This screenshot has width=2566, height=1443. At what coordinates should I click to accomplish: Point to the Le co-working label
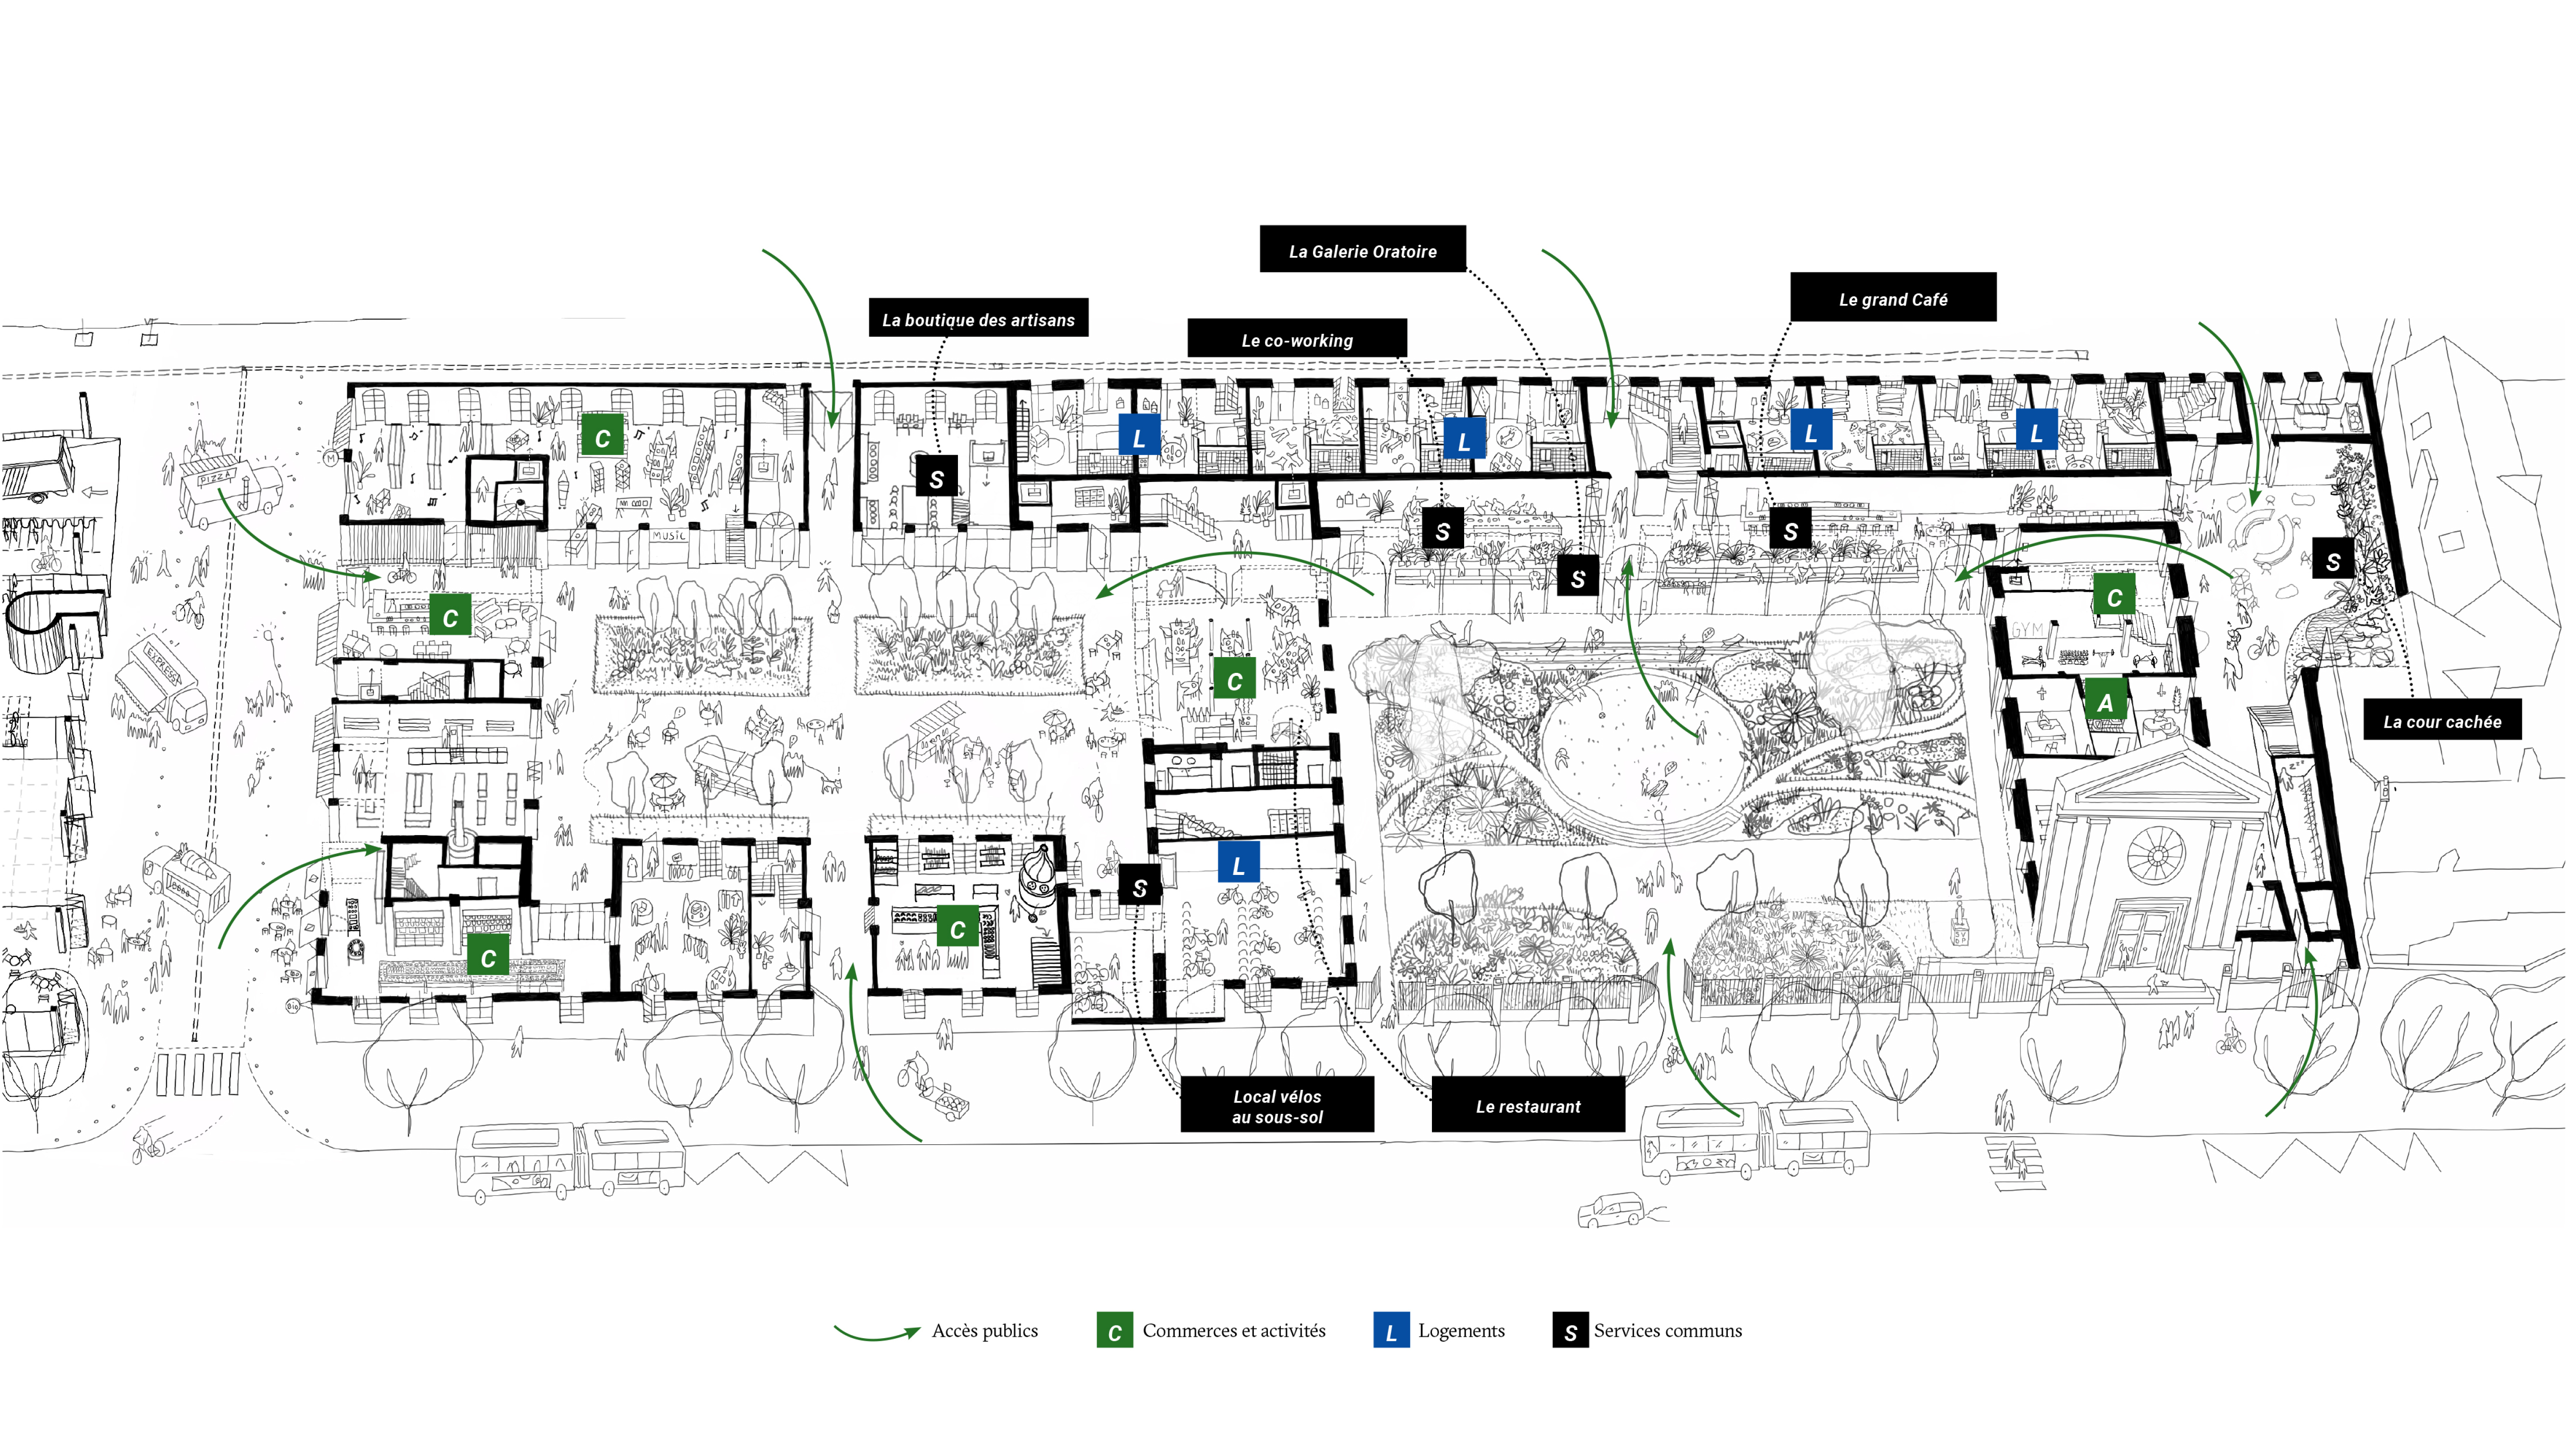click(x=1297, y=340)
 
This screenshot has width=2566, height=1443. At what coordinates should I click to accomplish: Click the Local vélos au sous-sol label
click(x=1277, y=1105)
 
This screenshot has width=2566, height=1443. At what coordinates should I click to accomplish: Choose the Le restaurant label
click(x=1528, y=1105)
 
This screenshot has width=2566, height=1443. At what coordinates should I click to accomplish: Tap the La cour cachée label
click(x=2441, y=721)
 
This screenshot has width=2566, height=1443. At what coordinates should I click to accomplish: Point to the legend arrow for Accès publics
click(x=877, y=1332)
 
